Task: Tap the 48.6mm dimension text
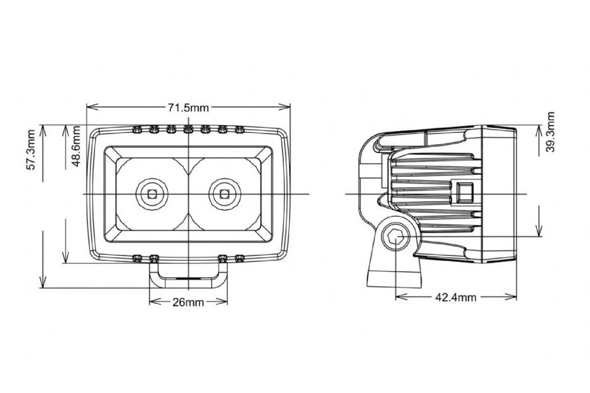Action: [77, 147]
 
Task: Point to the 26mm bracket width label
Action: [187, 302]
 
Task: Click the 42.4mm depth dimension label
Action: [455, 297]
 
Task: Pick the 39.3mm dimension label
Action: [549, 133]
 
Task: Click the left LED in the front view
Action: [151, 194]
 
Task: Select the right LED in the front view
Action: [225, 194]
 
